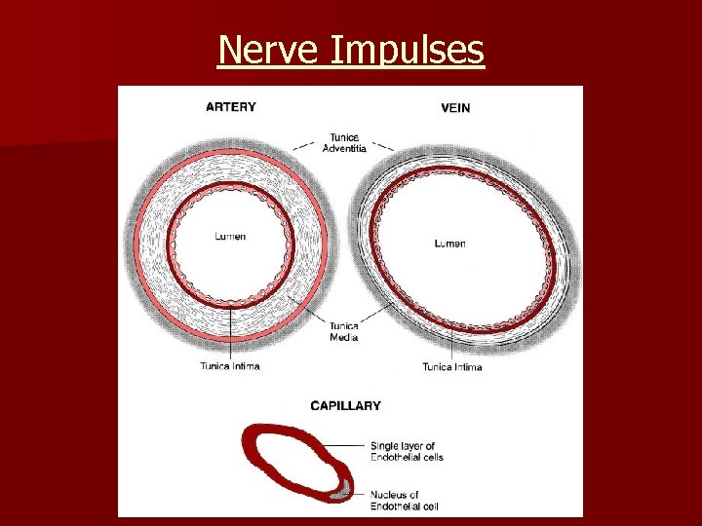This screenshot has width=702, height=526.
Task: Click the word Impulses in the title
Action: coord(408,50)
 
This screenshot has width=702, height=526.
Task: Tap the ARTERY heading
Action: coord(231,107)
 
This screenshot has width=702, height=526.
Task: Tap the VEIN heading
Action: coord(455,108)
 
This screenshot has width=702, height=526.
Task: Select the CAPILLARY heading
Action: coord(345,405)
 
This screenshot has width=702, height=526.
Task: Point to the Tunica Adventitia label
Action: coord(345,142)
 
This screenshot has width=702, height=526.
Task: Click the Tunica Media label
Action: coord(343,331)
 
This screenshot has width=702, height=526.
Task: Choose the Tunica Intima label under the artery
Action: coord(230,366)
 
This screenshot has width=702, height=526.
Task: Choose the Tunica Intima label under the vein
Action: coord(452,367)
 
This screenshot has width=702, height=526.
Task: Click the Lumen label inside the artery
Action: coord(230,237)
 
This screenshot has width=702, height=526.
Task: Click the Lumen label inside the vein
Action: coord(449,243)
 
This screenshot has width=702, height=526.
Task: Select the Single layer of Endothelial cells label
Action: coord(407,451)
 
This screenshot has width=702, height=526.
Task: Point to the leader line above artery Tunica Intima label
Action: coord(230,331)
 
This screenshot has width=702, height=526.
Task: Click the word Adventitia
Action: coord(345,148)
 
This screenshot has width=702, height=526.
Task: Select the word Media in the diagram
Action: coord(343,337)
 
